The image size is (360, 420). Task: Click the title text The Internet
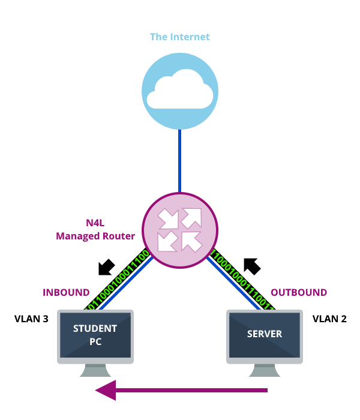(x=179, y=37)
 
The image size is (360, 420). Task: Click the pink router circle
(x=179, y=230)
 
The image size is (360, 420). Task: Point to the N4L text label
(x=95, y=223)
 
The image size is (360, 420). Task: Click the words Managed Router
(x=95, y=236)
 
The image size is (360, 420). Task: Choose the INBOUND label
(x=66, y=293)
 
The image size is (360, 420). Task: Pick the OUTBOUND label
(x=299, y=293)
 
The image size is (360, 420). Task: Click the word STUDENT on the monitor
(x=95, y=328)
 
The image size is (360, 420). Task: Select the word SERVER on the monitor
(x=265, y=334)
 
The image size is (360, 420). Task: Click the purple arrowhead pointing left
(x=105, y=390)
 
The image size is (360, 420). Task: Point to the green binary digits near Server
(x=242, y=280)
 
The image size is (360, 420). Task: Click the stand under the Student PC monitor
(x=95, y=370)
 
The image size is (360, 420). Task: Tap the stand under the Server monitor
(x=265, y=370)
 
